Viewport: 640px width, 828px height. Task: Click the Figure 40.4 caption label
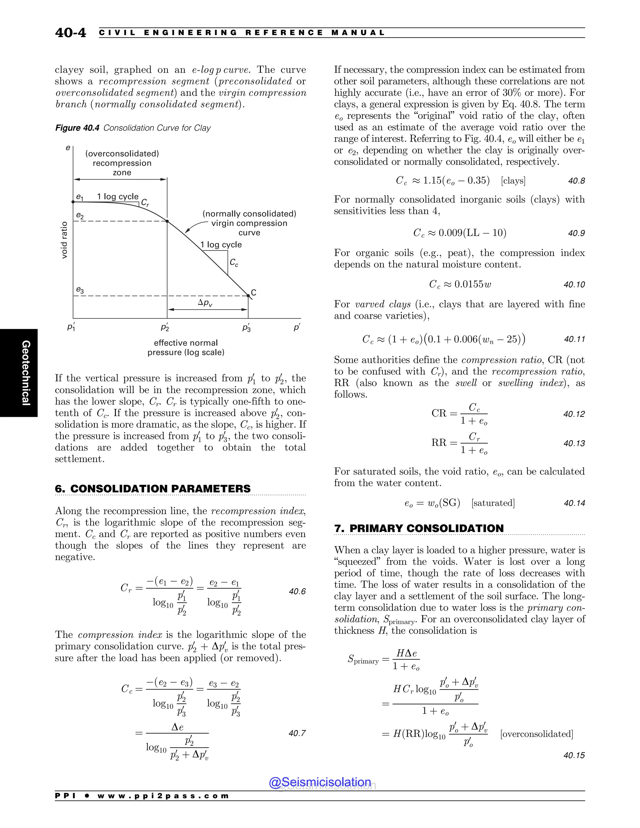[77, 128]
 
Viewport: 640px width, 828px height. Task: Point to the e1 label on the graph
[80, 197]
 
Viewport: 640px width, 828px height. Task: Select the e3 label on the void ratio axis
[80, 290]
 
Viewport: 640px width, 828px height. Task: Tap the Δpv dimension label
[205, 302]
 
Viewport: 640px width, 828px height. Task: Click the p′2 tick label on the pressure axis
[165, 327]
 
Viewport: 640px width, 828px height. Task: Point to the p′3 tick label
[247, 327]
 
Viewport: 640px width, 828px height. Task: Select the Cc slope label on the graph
[234, 263]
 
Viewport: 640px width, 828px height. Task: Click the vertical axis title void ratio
[64, 240]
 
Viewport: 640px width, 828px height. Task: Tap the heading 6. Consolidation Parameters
[153, 489]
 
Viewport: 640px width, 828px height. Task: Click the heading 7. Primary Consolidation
[419, 528]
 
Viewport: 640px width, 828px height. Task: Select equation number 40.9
[576, 233]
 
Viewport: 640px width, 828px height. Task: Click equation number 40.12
[574, 414]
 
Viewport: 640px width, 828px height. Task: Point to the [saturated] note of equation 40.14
[493, 503]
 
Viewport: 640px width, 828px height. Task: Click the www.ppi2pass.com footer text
[163, 796]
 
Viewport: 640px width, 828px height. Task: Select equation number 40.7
[297, 733]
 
